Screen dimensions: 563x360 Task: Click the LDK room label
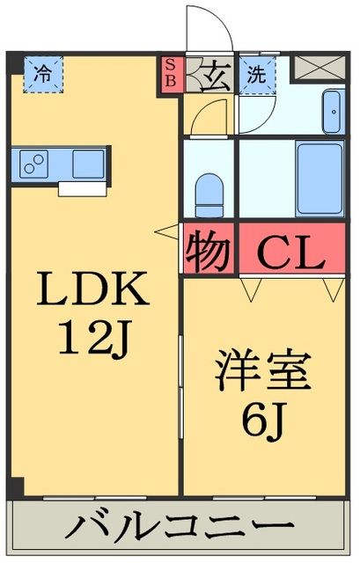click(92, 289)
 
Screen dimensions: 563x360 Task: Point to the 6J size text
click(263, 418)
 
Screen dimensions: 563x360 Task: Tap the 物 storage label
click(209, 253)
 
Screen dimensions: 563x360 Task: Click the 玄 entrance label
click(215, 74)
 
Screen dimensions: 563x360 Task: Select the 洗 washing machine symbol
click(256, 74)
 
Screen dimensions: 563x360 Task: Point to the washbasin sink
click(333, 109)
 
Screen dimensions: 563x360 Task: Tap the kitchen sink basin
click(88, 164)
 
